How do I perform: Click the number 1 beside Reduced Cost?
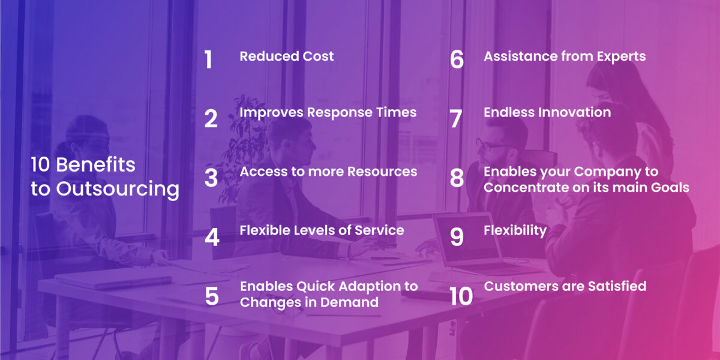point(208,60)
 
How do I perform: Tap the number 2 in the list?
point(211,118)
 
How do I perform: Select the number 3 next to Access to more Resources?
point(211,178)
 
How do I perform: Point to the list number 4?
point(212,237)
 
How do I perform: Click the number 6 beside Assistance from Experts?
point(457,60)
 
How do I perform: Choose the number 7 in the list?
point(456,118)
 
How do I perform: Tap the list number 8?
point(457,178)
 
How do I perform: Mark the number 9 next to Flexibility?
point(457,237)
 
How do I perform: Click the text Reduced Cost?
point(287,56)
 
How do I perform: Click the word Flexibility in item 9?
point(515,230)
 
